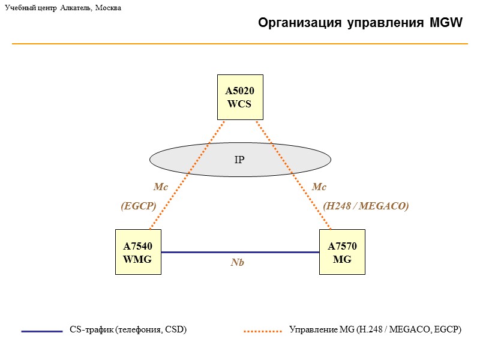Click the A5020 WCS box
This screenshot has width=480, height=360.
pos(239,97)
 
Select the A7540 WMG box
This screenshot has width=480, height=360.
pos(138,252)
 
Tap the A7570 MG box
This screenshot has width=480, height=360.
pos(342,252)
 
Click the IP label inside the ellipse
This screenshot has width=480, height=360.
pos(239,159)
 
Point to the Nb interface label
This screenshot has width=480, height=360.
pos(238,263)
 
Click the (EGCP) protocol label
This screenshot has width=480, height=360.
pos(139,206)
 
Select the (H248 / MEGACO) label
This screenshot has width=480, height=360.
pos(366,206)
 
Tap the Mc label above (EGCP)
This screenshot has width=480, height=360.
pos(160,187)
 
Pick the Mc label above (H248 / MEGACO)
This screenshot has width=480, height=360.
pos(319,187)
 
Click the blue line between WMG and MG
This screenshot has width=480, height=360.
pos(240,253)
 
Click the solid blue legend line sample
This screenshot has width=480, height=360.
pos(42,331)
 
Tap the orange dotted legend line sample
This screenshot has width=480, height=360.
pos(263,331)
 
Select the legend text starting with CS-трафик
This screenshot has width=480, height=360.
pos(128,330)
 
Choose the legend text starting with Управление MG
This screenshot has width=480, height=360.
pos(376,330)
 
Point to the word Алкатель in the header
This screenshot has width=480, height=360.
pos(75,8)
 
